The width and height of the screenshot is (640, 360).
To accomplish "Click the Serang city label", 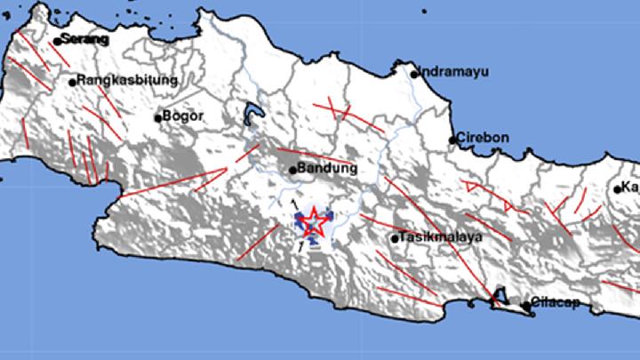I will tap(84, 39).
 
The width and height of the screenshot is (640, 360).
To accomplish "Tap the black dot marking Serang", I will tap(57, 41).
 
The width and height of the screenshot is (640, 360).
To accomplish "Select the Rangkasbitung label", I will tap(127, 80).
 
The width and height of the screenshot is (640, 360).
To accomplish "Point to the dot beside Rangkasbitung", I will tap(72, 83).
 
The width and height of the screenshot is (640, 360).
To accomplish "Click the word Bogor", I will tap(184, 116).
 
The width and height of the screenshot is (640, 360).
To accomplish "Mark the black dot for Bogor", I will tap(158, 117).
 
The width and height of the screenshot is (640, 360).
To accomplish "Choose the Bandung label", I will tap(327, 168).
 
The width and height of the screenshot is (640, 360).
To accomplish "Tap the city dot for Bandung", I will tap(292, 170).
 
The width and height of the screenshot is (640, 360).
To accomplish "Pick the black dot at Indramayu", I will tap(414, 74).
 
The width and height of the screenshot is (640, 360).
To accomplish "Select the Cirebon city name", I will tap(483, 138).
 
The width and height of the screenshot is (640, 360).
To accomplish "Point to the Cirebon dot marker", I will tap(452, 140).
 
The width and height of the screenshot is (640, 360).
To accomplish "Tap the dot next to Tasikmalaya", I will tap(394, 238).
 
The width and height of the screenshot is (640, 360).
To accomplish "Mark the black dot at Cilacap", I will tap(526, 306).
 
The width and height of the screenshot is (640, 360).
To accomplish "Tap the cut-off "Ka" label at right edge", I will tap(631, 188).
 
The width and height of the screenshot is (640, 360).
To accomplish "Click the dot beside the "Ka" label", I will tap(618, 188).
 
